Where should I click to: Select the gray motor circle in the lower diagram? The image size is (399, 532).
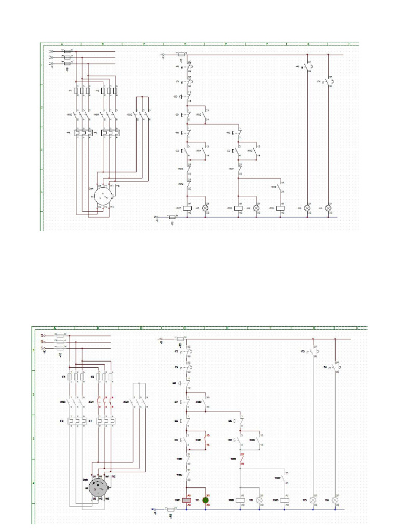(99, 488)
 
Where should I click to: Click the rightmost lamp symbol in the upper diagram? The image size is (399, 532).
(328, 208)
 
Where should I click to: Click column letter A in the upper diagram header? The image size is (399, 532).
(62, 44)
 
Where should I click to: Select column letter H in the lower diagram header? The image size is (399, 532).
(357, 328)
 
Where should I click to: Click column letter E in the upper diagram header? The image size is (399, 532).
(226, 44)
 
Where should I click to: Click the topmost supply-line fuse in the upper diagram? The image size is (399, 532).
(66, 51)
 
